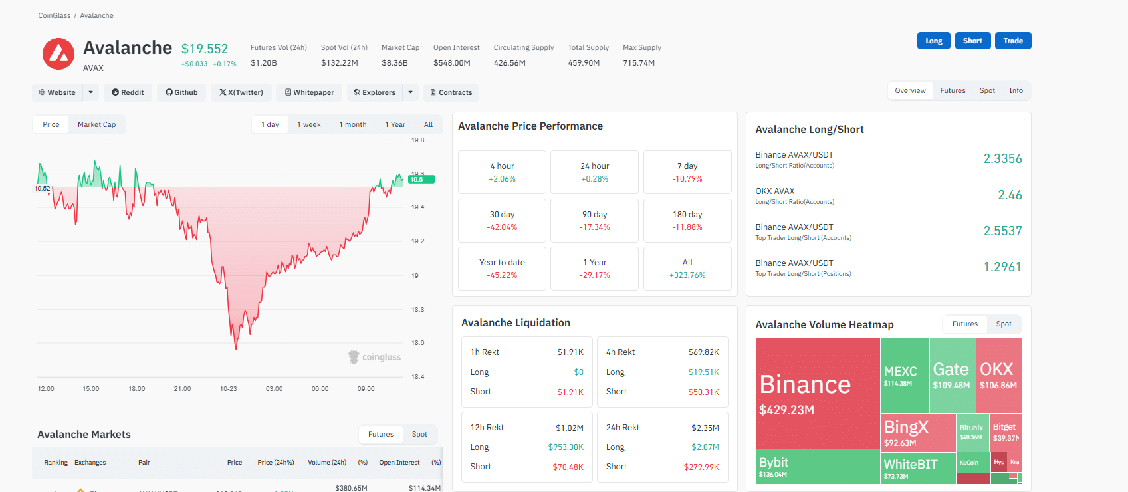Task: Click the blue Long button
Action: coord(933,41)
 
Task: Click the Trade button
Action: coord(1012,41)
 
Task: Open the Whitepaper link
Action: coord(309,92)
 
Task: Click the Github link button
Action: coord(181,92)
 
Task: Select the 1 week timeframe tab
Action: coord(308,124)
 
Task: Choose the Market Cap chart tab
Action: coord(96,124)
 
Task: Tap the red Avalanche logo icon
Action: coord(58,54)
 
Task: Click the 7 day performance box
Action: coord(687,172)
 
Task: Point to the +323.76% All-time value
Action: coord(687,275)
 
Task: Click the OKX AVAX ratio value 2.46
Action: coord(1009,195)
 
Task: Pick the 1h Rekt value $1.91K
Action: coord(570,352)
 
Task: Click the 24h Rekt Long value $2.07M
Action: coord(705,447)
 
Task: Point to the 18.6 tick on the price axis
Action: coord(417,343)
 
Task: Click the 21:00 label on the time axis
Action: coord(182,389)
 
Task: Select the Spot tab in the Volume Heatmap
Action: coord(1003,324)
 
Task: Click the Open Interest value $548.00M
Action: coord(451,63)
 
